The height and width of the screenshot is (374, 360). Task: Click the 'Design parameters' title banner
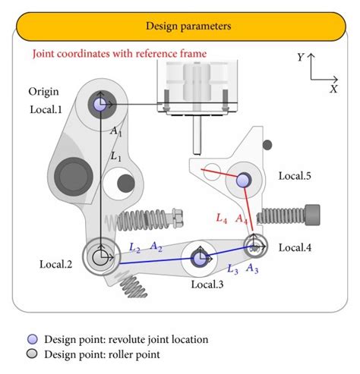coord(179,27)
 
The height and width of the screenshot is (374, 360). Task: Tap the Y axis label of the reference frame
coord(301,58)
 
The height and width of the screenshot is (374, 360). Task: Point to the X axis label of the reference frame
coord(333,89)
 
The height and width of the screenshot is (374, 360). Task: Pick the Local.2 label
coord(55,264)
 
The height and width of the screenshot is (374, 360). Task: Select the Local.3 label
coord(208,284)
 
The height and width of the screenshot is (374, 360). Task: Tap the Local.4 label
coord(295,247)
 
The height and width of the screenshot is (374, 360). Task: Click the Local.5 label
coord(295,176)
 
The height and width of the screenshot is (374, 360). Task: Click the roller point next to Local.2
coord(99,258)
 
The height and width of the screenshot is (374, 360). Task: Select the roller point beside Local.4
coord(254,244)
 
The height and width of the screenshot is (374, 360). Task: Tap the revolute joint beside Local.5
coord(243,180)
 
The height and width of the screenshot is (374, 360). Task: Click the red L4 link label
coord(221,218)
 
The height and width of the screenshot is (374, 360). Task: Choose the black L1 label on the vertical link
coord(115,156)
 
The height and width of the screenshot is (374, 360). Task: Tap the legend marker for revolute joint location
coord(31,340)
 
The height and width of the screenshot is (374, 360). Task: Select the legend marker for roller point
coord(31,354)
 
